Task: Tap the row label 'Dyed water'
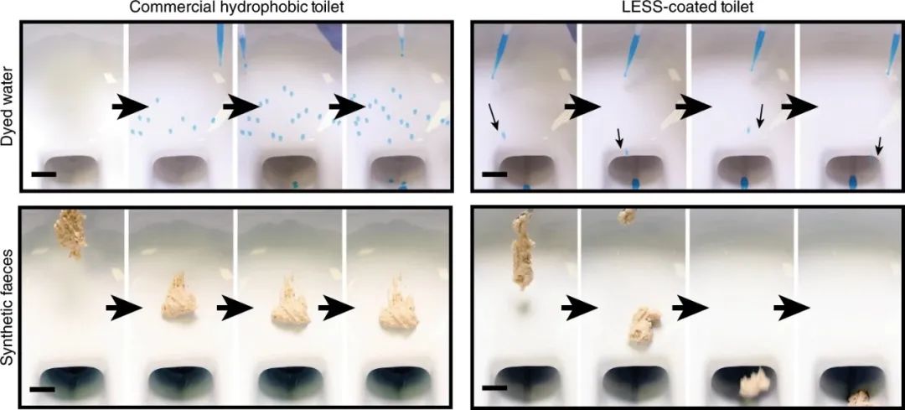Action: coord(8,106)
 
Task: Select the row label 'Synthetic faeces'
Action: coord(8,311)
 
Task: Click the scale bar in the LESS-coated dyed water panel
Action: coord(494,174)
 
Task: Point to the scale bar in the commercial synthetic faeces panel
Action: coord(42,390)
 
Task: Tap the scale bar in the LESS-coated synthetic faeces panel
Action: coord(494,388)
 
